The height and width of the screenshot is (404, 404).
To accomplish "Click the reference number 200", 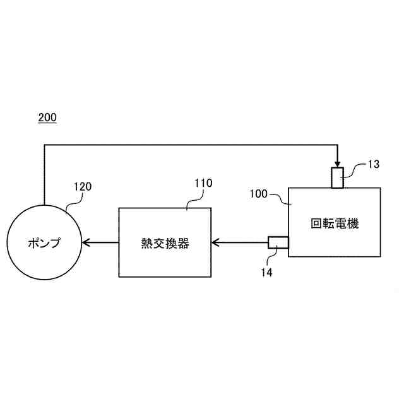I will coord(47,117).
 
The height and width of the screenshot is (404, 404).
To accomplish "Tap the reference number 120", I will coord(83,186).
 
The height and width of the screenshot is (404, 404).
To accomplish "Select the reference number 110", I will coord(203,183).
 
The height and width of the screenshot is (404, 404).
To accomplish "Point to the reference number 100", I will coord(259,194).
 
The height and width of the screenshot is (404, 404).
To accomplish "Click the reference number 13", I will coord(374,164).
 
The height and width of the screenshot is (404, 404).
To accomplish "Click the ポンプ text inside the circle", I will coord(44,242).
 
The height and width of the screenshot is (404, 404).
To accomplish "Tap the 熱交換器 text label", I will coord(165,242).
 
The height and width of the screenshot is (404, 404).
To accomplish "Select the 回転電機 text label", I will coord(335,223).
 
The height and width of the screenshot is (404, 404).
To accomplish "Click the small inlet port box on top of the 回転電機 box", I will coord(338,177).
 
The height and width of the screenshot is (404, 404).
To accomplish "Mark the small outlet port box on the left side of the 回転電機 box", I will coord(278,242).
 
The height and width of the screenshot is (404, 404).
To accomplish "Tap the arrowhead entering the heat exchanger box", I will coord(215,242).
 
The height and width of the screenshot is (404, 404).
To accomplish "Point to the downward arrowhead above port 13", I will coord(338,163).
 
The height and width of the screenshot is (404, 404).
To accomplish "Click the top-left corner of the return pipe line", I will coord(45,145).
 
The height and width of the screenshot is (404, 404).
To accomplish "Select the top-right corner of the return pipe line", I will coord(338,145).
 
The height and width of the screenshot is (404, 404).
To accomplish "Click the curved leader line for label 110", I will coord(191,199).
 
